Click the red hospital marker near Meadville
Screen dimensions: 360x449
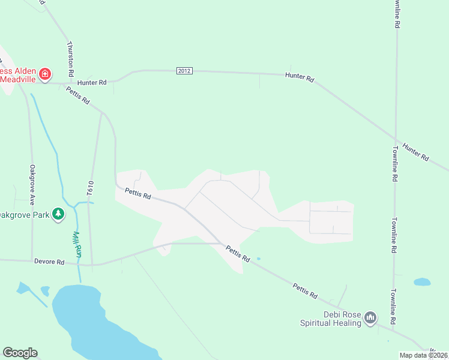pos(45,74)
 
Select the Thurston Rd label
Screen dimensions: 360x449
pos(70,58)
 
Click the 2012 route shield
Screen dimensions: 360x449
pos(184,71)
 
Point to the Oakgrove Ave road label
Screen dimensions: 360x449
pos(32,182)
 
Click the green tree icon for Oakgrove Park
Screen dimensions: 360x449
pos(58,214)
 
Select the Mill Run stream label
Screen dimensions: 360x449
pos(77,245)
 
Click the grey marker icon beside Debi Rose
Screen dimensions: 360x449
pos(370,317)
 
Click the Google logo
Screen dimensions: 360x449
pos(20,353)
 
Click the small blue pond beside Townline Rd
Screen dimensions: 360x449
pos(422,281)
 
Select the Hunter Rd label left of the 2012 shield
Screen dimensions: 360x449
pos(92,82)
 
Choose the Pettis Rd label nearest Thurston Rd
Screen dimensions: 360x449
pos(78,95)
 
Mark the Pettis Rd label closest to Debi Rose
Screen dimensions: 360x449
pos(305,291)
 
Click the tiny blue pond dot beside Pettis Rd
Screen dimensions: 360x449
pos(259,259)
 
